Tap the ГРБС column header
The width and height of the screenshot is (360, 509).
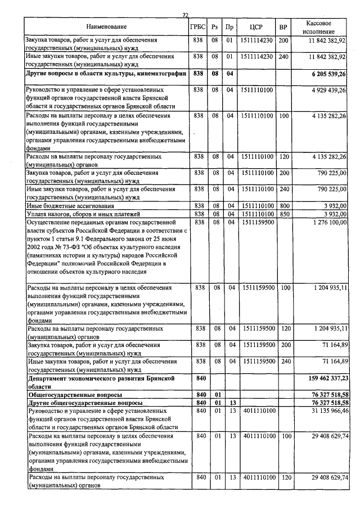[x=198, y=27]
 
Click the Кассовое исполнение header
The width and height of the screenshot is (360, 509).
[x=322, y=27]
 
